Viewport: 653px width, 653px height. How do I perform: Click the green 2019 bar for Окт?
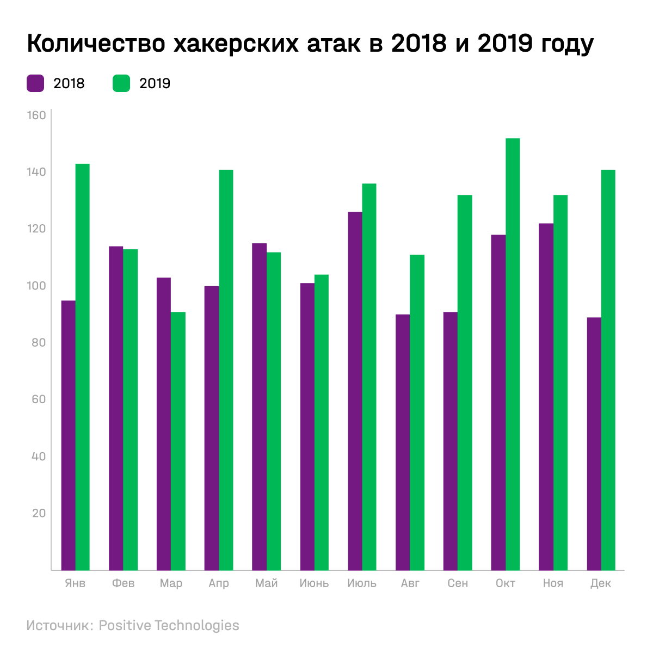tap(513, 354)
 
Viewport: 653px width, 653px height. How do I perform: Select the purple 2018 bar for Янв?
tap(69, 435)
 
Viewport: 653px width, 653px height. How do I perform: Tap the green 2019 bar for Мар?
tap(178, 441)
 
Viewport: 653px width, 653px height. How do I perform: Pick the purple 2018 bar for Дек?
tap(594, 443)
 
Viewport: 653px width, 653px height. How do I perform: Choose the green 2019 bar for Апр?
tap(226, 370)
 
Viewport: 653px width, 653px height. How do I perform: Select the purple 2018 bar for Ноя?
tap(546, 397)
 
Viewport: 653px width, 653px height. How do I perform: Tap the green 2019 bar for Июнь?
tap(322, 422)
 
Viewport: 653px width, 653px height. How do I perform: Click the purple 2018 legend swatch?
tap(35, 83)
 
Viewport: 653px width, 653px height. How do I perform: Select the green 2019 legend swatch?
tap(121, 83)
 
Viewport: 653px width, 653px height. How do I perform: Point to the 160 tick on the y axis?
tap(36, 115)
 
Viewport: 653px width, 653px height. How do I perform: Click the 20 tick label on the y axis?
tap(39, 513)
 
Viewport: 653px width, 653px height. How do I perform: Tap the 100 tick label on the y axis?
tap(36, 286)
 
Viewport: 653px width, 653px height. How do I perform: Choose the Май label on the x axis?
tap(267, 583)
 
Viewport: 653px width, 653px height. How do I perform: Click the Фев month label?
tap(123, 583)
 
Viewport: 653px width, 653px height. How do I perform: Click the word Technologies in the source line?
tap(197, 626)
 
